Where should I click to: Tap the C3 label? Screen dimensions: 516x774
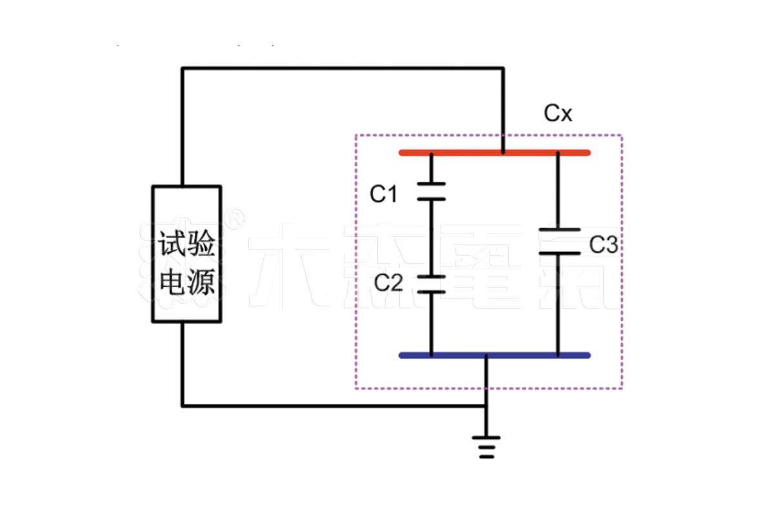click(604, 244)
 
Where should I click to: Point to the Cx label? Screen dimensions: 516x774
click(558, 114)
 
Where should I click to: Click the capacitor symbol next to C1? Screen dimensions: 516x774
click(431, 192)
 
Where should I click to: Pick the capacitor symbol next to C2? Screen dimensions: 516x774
click(431, 284)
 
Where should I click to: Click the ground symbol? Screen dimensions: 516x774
click(486, 446)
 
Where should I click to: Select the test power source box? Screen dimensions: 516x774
click(187, 253)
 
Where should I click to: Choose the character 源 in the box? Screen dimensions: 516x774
click(203, 283)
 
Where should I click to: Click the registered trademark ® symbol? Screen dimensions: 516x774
click(236, 219)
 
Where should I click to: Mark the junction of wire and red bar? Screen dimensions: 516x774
click(502, 153)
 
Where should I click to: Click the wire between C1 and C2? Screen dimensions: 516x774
click(431, 239)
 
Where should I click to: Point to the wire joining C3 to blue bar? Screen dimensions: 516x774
click(559, 303)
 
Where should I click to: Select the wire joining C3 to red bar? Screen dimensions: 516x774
click(559, 190)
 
